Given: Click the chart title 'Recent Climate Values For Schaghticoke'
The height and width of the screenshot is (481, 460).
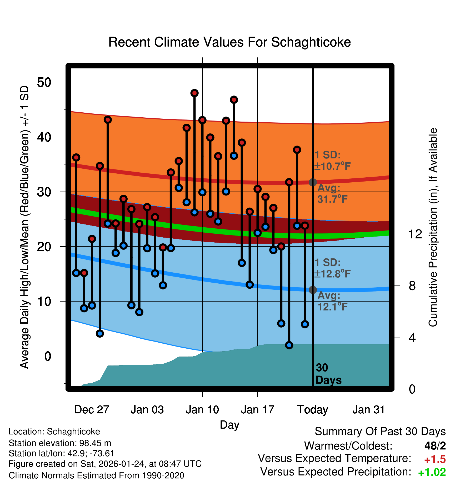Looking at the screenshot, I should [x=229, y=42].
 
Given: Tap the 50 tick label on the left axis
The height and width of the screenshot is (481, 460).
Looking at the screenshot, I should [x=44, y=82].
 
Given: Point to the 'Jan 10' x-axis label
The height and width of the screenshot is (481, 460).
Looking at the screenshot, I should [x=202, y=410].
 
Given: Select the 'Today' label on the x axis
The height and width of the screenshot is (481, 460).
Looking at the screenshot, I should [x=313, y=410].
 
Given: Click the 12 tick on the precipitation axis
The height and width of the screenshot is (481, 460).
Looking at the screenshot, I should [x=415, y=234].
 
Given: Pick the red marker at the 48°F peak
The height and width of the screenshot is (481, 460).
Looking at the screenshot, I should [x=194, y=93].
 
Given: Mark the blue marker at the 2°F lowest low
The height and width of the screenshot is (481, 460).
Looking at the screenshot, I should [x=289, y=345].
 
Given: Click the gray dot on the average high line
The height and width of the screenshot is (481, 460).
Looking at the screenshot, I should [x=313, y=182].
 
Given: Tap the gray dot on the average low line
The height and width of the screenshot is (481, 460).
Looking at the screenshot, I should [x=313, y=290].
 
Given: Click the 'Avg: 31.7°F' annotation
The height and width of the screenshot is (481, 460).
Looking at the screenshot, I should [x=332, y=194].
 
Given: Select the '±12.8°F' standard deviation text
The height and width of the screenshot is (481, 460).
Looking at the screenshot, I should [x=333, y=274].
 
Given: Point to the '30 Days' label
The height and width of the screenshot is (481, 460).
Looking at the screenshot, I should [x=328, y=374].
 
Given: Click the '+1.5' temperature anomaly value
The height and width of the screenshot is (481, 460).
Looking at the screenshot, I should [x=435, y=459].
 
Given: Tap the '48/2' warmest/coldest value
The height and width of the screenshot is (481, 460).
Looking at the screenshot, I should [x=435, y=446].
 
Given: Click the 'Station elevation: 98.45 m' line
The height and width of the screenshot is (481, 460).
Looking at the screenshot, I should [x=60, y=443].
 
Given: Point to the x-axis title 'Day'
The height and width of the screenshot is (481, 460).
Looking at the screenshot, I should [x=229, y=425].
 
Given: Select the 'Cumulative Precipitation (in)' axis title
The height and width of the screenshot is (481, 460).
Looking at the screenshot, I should [x=433, y=227].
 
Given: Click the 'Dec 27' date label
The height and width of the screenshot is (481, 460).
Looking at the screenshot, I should [x=92, y=410].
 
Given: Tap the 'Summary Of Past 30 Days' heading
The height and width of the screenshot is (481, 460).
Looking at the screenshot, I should [x=380, y=432].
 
